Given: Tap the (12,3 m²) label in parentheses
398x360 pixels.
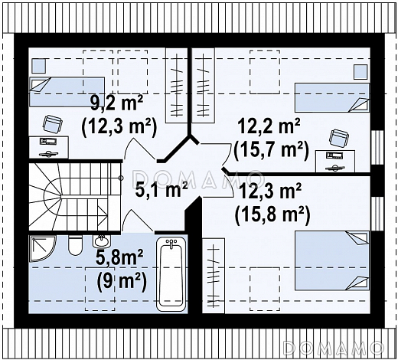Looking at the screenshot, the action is point(119,126).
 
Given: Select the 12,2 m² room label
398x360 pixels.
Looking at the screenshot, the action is point(269,126).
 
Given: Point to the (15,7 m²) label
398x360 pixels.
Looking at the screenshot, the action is point(272,150).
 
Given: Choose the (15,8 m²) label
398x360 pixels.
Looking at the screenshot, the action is point(272,215).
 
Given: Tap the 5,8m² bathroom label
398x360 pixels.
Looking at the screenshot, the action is point(119,258).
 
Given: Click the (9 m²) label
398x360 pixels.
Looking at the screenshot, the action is point(122,282).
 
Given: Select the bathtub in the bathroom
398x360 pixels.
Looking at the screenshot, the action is point(171,274).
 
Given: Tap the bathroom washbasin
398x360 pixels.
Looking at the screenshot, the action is point(102,241).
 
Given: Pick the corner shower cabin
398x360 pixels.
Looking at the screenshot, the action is point(43,249).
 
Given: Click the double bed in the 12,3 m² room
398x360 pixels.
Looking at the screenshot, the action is point(332,260).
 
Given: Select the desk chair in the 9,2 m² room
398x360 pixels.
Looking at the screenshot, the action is point(53,123).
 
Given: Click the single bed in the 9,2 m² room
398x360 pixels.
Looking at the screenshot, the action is point(67,92).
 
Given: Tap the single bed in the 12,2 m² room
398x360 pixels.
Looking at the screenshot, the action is point(332,97).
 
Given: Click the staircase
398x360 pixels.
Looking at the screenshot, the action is point(74,197).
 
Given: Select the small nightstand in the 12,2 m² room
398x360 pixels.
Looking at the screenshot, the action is point(361,72).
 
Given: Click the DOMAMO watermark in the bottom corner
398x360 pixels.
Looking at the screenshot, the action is point(334,348).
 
